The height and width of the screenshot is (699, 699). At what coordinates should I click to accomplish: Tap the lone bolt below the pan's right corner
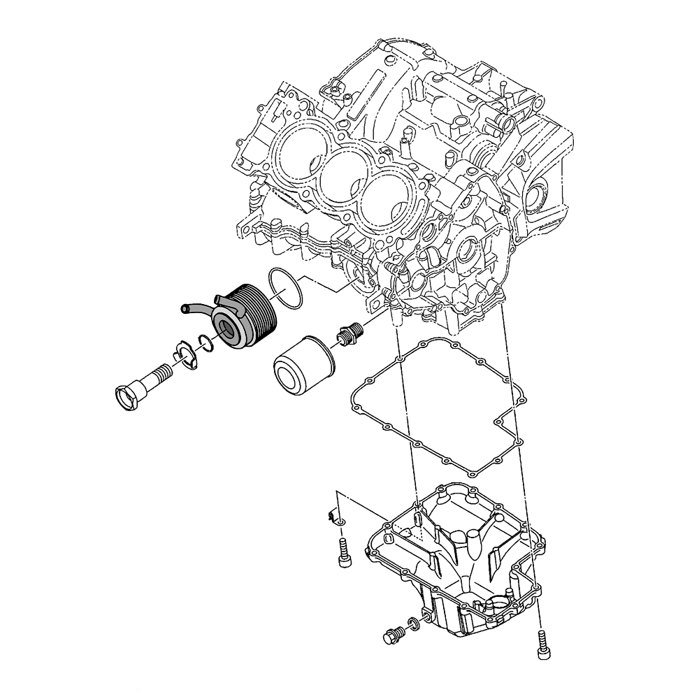coord(542,643)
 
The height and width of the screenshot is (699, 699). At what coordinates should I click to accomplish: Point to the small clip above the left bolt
coord(333,518)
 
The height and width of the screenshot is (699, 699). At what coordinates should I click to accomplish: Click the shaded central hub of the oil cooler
coord(228,328)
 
